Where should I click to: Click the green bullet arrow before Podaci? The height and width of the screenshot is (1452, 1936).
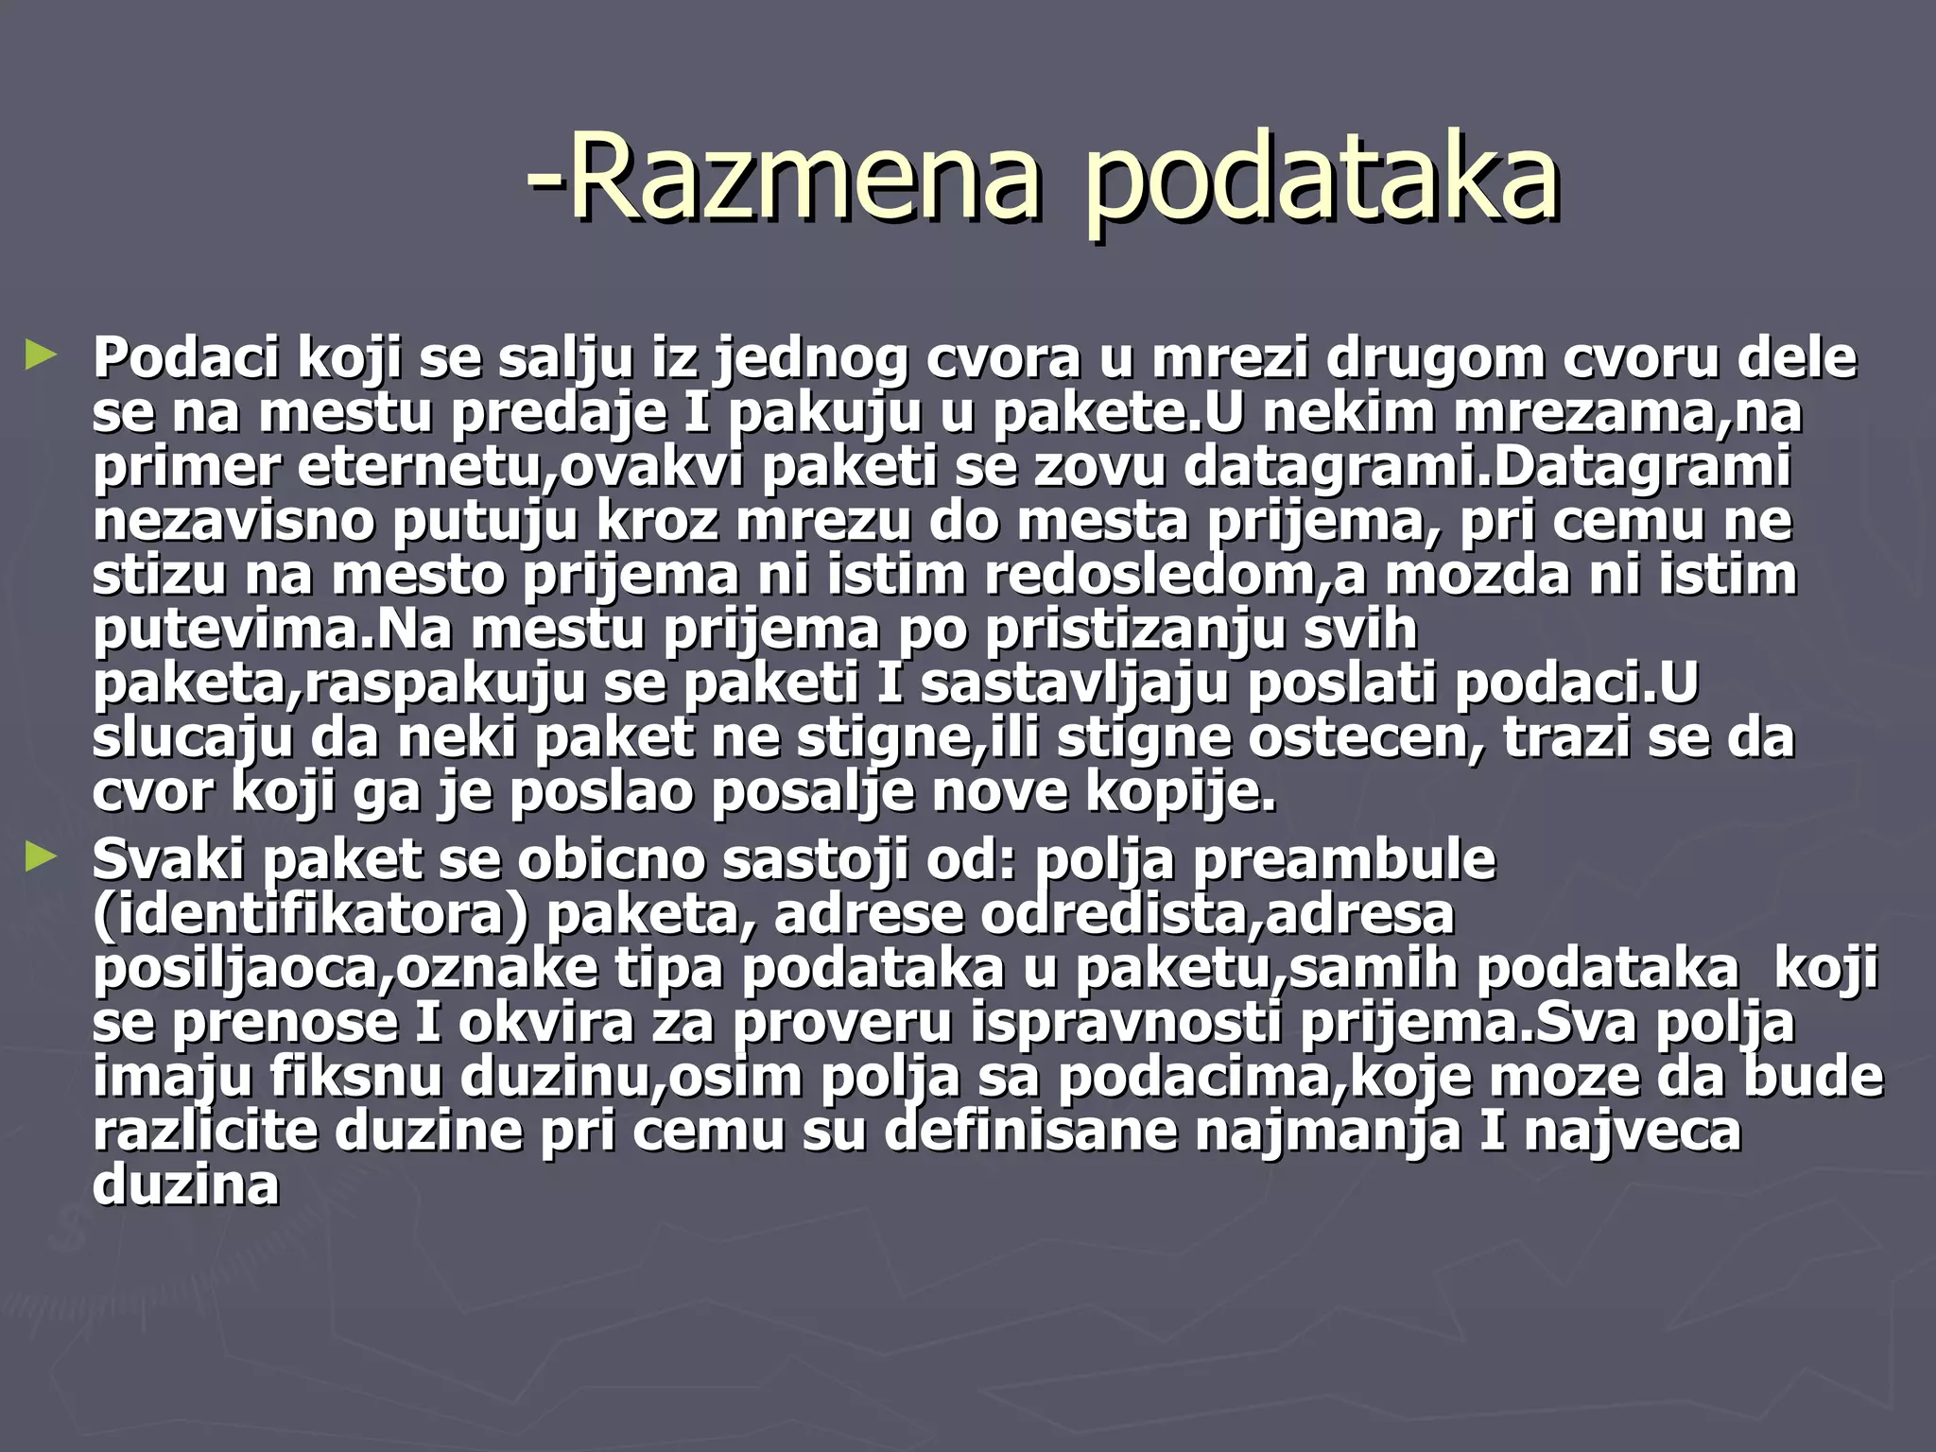pyautogui.click(x=42, y=356)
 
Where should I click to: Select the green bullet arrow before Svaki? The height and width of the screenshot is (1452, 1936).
pyautogui.click(x=42, y=857)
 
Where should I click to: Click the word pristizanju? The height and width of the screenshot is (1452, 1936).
pyautogui.click(x=1134, y=629)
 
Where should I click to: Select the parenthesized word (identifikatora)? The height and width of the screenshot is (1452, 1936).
pyautogui.click(x=311, y=913)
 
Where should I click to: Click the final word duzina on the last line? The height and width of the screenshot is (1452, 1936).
pyautogui.click(x=186, y=1184)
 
